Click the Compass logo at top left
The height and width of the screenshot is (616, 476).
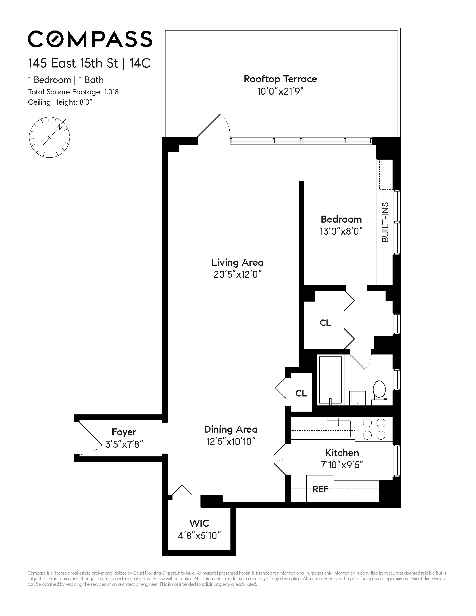(90, 39)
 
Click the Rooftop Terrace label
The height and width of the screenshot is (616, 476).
(280, 79)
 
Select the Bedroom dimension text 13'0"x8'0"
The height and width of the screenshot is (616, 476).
(341, 231)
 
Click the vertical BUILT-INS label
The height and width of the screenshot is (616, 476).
(385, 222)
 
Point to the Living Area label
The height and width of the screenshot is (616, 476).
(237, 262)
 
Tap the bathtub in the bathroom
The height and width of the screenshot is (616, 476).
(330, 380)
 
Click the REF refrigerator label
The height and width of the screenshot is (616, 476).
(320, 489)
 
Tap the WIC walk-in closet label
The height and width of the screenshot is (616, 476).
(199, 523)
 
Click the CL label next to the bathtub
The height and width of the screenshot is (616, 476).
(301, 393)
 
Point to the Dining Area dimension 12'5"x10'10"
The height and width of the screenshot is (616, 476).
(231, 441)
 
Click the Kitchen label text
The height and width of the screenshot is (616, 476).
(342, 453)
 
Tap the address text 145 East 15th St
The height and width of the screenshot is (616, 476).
(73, 63)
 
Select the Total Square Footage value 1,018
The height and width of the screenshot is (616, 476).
(111, 92)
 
